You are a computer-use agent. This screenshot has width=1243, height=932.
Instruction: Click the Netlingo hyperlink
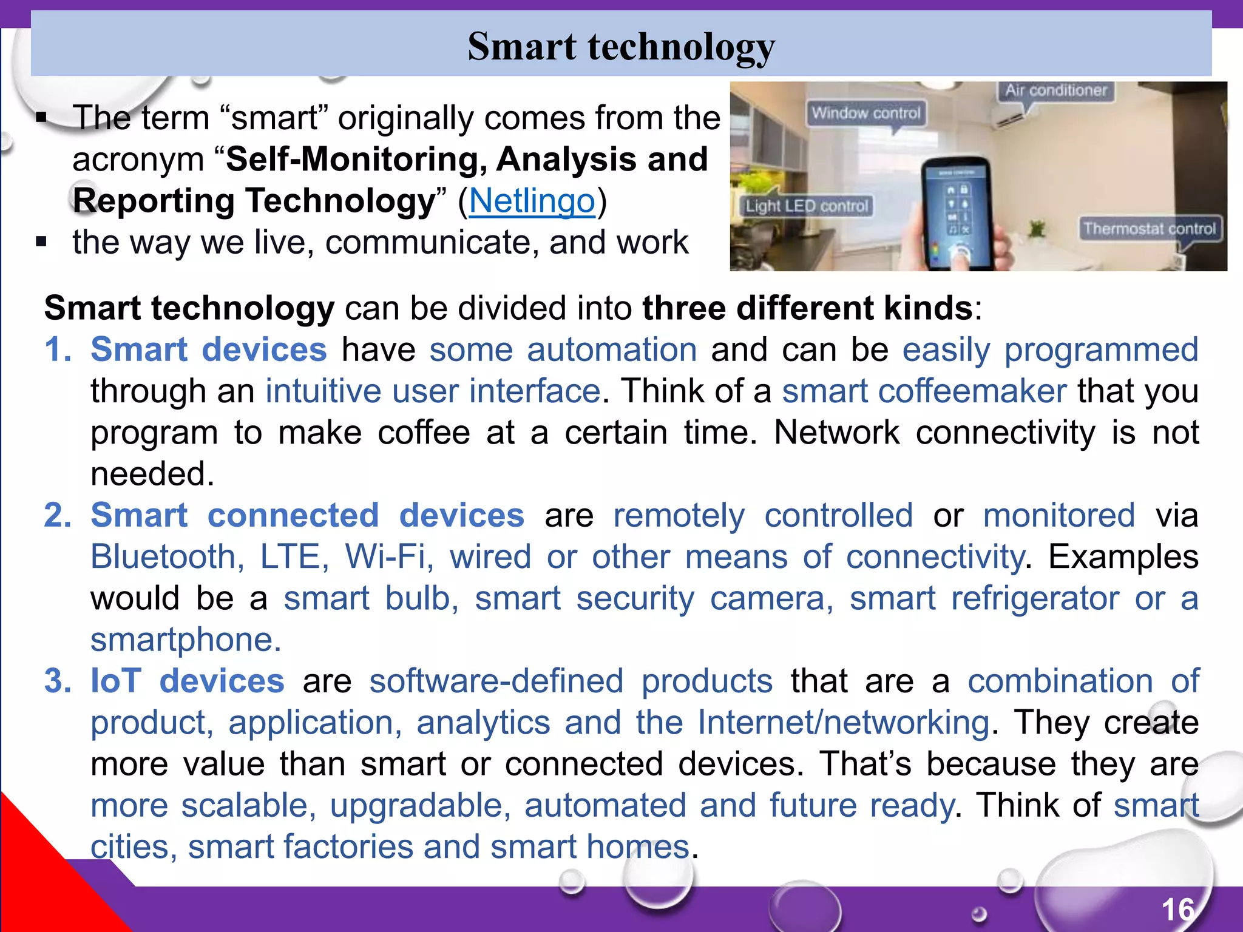pos(532,201)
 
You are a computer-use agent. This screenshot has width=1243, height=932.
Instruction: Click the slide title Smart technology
pos(621,47)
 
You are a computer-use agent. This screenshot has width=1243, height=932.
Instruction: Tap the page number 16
pos(1177,910)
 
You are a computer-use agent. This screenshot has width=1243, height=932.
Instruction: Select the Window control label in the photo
pos(866,113)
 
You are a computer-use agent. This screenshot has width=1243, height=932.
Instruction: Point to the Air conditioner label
pos(1055,90)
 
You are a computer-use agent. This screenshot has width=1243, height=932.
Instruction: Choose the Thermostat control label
pos(1150,229)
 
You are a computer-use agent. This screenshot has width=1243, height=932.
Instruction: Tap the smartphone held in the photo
pos(956,212)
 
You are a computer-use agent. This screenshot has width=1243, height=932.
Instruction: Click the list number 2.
pos(57,516)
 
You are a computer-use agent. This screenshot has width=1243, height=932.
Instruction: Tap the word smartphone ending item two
pos(185,640)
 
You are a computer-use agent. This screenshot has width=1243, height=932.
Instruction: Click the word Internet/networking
pos(844,723)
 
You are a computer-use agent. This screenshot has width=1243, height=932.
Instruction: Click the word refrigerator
pos(1035,599)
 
